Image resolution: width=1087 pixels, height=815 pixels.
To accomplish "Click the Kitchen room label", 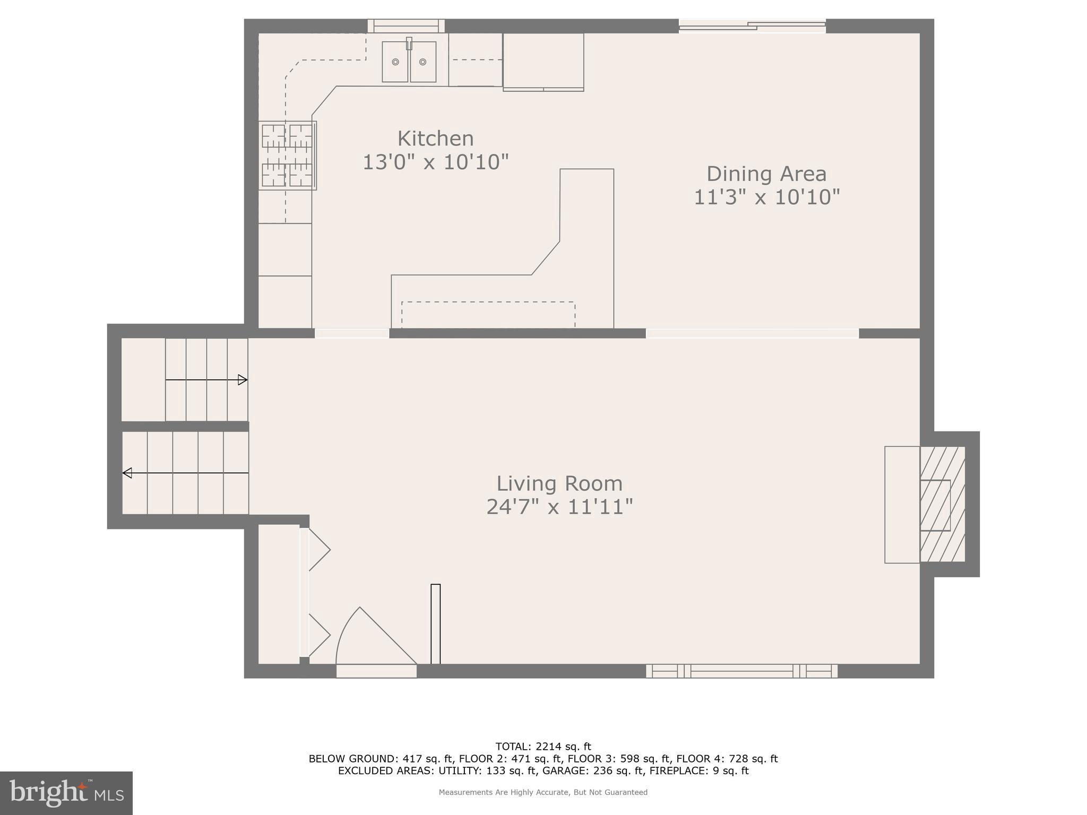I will pos(435,138).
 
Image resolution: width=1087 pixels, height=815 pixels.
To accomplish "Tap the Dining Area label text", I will pos(766,174).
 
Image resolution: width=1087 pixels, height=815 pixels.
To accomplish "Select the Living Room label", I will pos(559,483).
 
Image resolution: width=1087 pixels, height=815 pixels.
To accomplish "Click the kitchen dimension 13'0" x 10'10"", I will pos(435,162).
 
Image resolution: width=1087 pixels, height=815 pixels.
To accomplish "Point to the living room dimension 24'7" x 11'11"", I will pos(559,507).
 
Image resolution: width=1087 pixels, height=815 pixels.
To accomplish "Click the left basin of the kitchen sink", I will pos(395,62).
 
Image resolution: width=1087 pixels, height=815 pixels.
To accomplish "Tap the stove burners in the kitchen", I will pos(287,155).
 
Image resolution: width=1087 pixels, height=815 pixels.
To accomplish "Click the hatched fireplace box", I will pos(942,504).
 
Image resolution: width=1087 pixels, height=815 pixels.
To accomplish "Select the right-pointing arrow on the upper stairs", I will pos(243,380).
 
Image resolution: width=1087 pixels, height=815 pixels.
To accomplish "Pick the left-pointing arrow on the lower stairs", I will pos(127,473).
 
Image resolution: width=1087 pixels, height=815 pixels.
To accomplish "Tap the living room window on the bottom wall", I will pos(741,671).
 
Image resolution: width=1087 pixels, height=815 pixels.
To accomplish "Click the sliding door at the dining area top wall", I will pos(752,25).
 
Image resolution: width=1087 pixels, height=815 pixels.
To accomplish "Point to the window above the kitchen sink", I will pos(406,26).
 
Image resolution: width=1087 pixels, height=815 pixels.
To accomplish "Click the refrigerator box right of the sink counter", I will pos(543,61).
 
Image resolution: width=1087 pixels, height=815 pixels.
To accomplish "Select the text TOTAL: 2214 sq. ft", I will pos(543,747).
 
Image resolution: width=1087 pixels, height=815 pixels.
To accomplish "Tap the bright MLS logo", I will pos(66,793).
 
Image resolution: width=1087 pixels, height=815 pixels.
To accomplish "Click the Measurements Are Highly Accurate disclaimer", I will pos(543,792).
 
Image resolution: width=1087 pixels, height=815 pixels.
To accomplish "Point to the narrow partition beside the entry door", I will pos(436,623).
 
